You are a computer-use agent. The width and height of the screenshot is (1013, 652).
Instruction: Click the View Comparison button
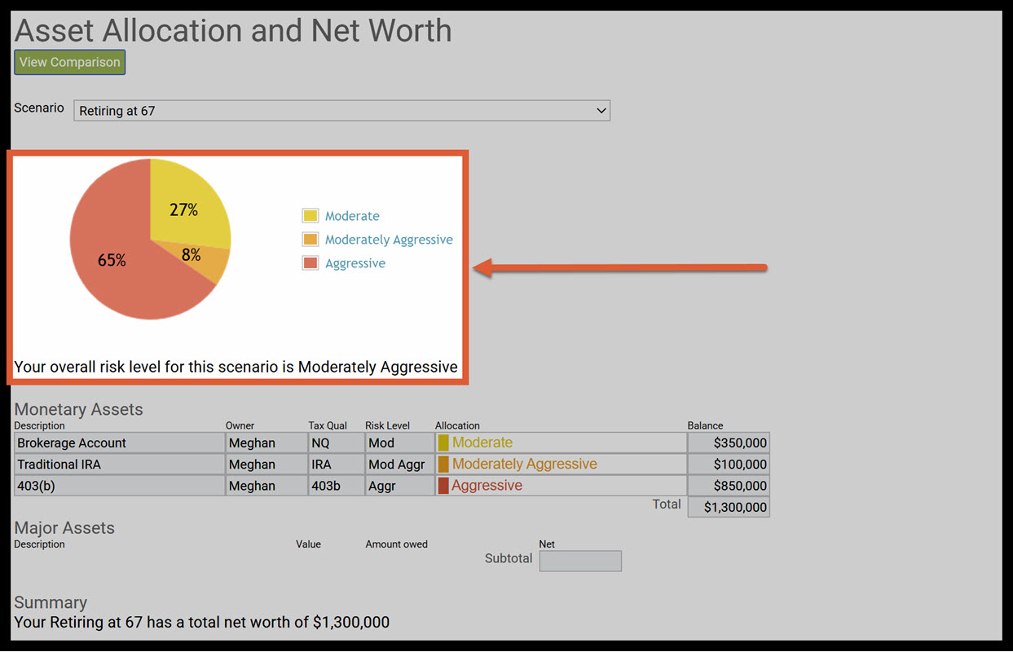point(69,62)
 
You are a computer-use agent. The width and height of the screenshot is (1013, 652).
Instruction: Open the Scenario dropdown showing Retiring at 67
point(341,111)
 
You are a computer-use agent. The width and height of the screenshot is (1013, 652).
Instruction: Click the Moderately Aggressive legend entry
point(388,240)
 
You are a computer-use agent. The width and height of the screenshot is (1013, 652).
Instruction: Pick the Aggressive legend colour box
point(310,263)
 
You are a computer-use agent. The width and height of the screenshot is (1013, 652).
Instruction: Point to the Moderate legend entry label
point(352,216)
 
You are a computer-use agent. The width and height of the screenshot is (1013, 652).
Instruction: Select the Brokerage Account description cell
point(119,443)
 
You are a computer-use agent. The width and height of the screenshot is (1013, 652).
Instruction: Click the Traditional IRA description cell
point(119,465)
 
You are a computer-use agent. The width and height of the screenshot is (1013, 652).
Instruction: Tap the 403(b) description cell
point(119,486)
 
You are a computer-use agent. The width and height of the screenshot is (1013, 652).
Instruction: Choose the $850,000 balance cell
point(729,486)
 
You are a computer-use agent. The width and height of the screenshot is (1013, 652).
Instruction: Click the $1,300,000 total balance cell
point(729,507)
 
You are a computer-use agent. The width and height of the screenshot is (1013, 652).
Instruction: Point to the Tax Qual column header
point(328,425)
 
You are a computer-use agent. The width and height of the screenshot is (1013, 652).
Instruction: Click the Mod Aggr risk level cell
point(399,465)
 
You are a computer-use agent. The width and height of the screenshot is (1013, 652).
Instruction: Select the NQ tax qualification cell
point(335,443)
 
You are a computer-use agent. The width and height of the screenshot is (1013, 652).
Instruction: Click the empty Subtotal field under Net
point(580,561)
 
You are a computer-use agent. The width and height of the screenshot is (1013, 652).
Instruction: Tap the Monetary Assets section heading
point(78,409)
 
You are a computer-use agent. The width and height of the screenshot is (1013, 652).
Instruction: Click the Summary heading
point(51,602)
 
